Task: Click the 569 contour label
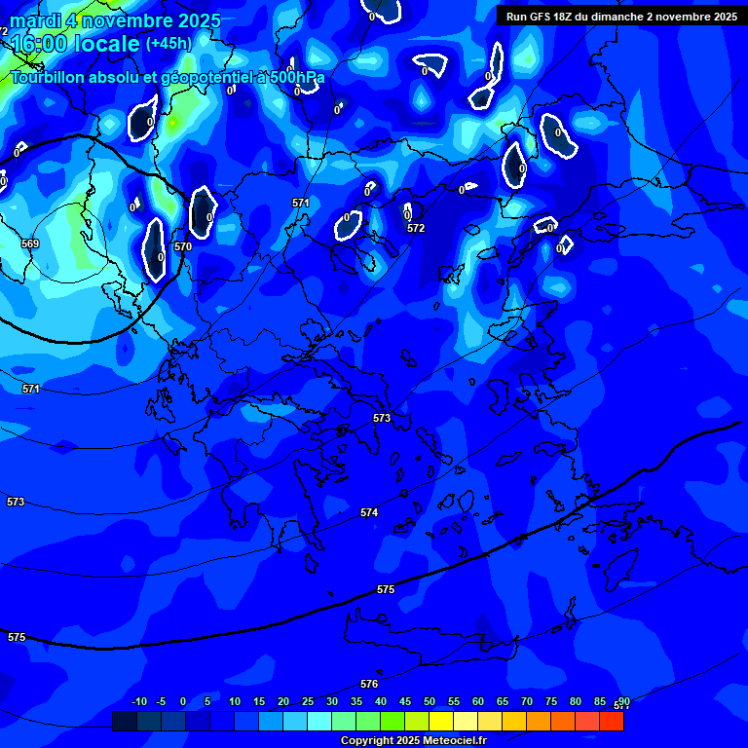(x=30, y=243)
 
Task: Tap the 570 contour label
(x=183, y=246)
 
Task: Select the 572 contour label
(x=416, y=228)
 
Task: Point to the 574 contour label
(x=369, y=512)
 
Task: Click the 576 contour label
(x=369, y=684)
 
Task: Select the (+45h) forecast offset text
(x=168, y=44)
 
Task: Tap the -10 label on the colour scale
(x=138, y=702)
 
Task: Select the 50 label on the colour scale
(x=430, y=702)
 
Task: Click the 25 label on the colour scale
(x=308, y=702)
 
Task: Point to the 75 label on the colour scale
(x=551, y=702)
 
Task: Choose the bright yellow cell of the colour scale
(x=441, y=722)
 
